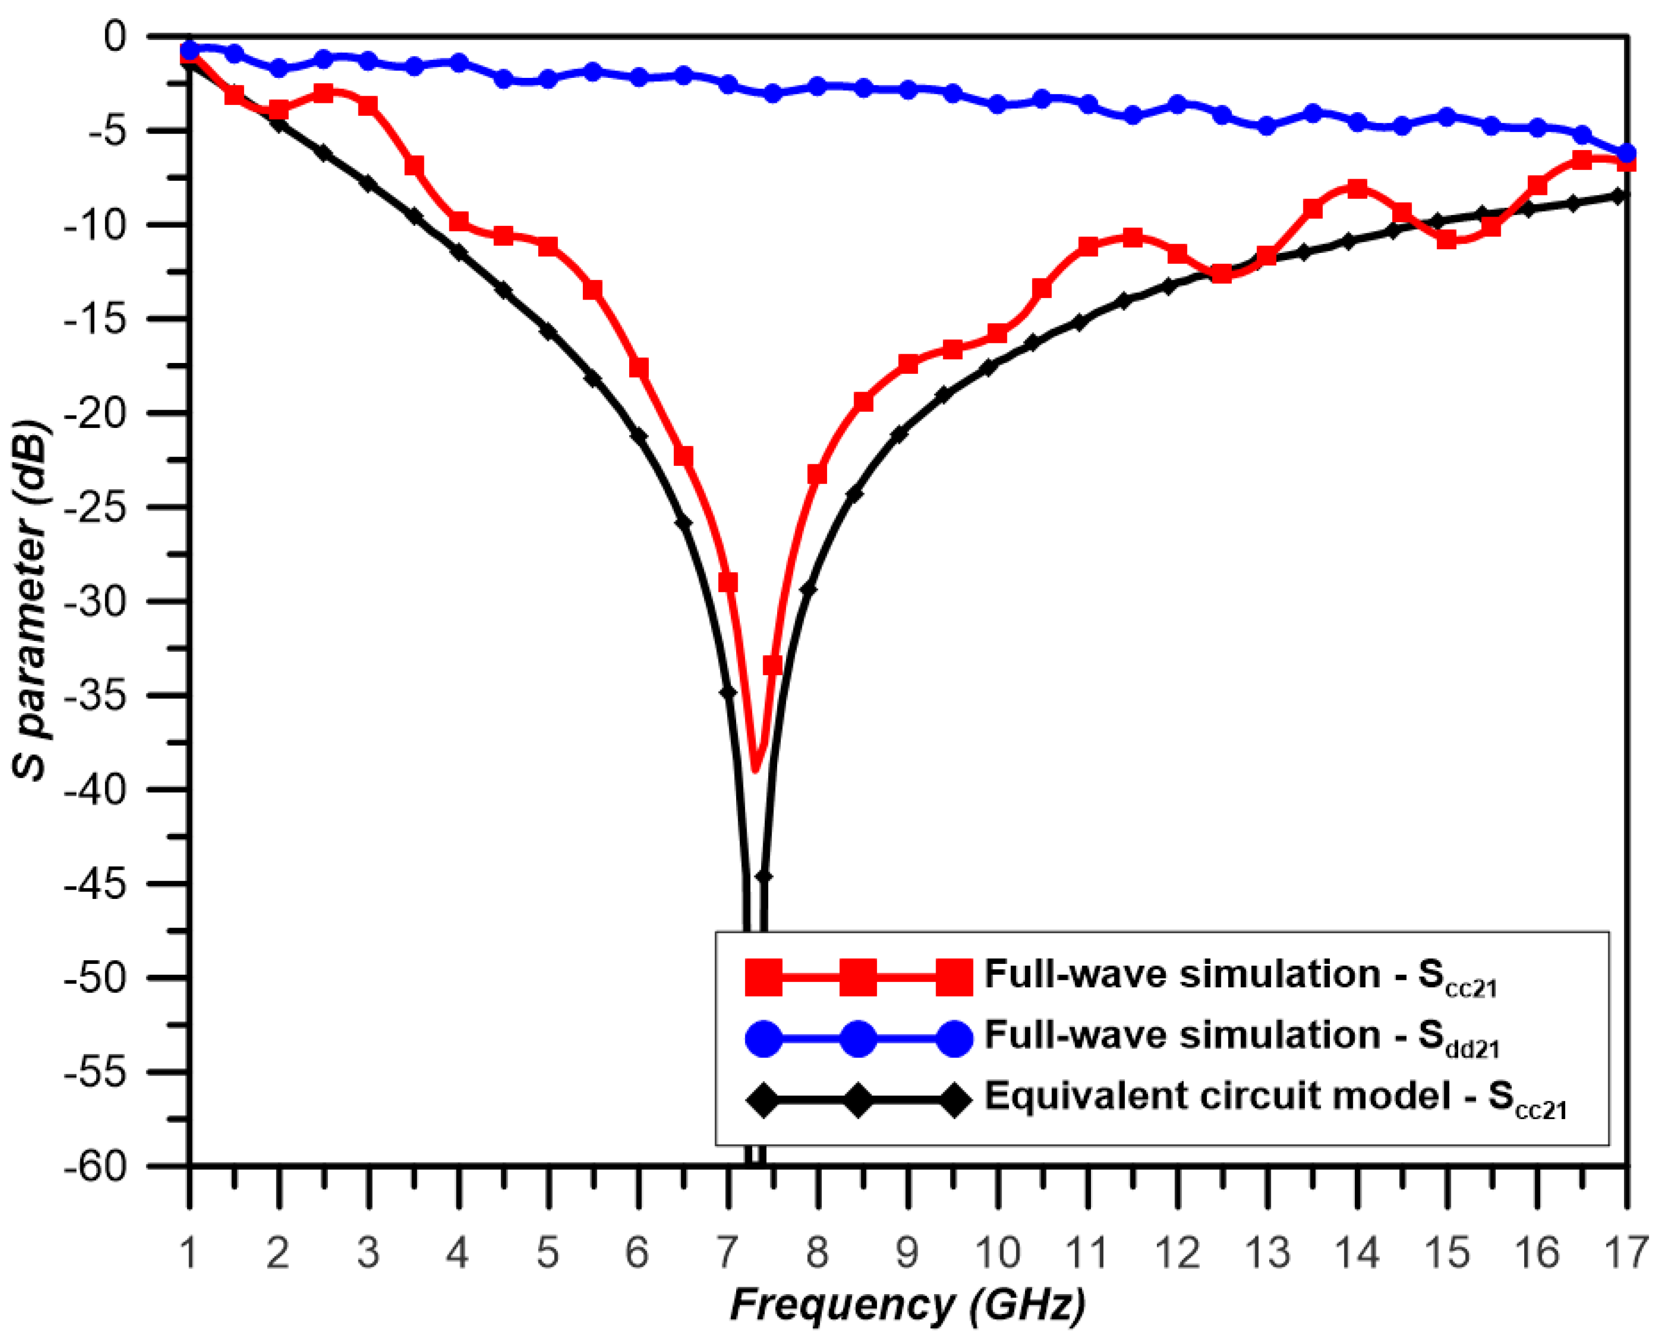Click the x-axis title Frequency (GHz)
click(908, 1305)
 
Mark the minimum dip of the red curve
click(756, 769)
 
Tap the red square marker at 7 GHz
click(728, 582)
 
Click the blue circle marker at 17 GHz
click(1626, 153)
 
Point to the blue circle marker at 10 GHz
click(997, 104)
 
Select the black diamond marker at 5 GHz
click(548, 331)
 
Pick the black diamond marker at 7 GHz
click(728, 691)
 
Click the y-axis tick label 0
click(115, 36)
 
